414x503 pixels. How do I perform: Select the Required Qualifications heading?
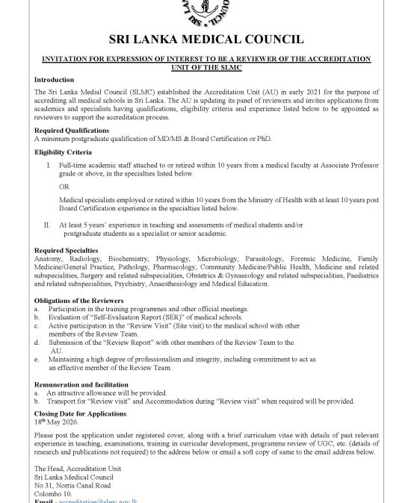coord(72,130)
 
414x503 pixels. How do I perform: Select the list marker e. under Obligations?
coord(37,359)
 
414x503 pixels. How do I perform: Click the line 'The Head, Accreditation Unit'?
coord(73,466)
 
